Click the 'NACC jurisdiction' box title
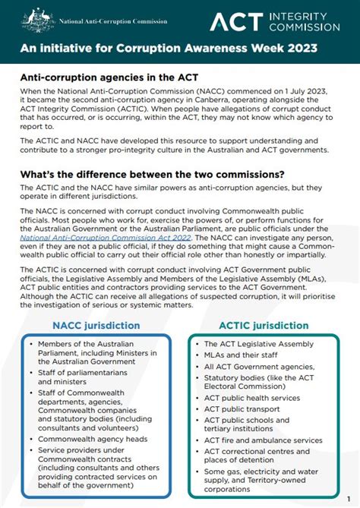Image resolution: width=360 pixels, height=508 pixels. click(x=96, y=325)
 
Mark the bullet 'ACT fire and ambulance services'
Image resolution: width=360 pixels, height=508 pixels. click(x=263, y=440)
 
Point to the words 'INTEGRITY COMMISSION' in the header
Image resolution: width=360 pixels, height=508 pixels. click(x=306, y=21)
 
